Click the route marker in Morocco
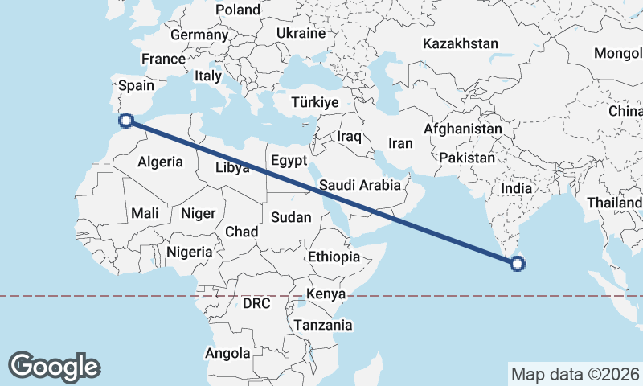(126, 121)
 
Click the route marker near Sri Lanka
(518, 263)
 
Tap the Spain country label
(135, 85)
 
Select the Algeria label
(160, 162)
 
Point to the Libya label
(232, 168)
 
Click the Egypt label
(289, 160)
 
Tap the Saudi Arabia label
(359, 185)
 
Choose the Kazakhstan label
(461, 43)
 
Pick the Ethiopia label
(334, 257)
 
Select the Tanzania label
(323, 325)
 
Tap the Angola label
(228, 353)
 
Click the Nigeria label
(190, 252)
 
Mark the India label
(517, 187)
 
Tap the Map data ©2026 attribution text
(574, 374)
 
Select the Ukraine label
(301, 33)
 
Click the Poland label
(238, 10)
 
